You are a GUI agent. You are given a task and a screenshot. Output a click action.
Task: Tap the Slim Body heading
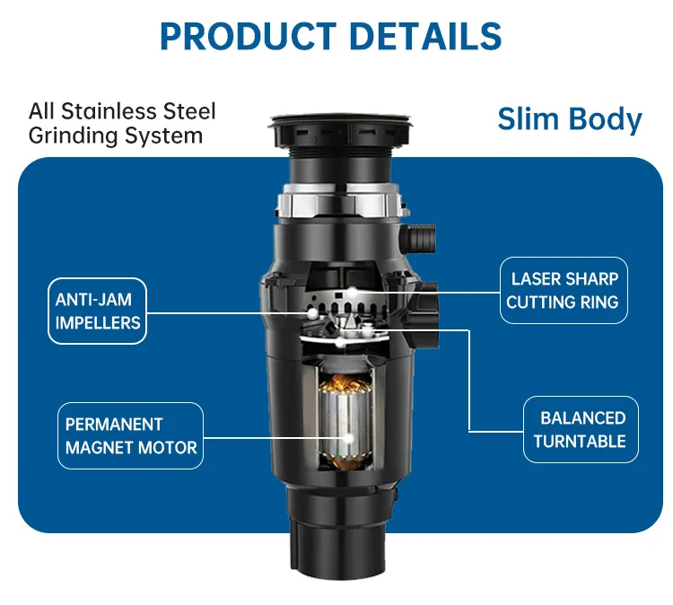570,119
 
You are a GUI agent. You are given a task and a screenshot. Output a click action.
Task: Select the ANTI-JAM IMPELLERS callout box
98,311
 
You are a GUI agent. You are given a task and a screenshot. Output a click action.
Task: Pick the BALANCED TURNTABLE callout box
581,429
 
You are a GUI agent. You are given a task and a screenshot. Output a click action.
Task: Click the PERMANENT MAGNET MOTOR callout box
130,435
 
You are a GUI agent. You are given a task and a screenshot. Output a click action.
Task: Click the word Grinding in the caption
71,136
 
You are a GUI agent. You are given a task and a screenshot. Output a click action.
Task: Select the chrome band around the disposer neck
336,205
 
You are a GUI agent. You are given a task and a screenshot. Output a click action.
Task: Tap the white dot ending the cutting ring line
354,291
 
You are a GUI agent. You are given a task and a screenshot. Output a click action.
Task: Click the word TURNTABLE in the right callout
581,441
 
